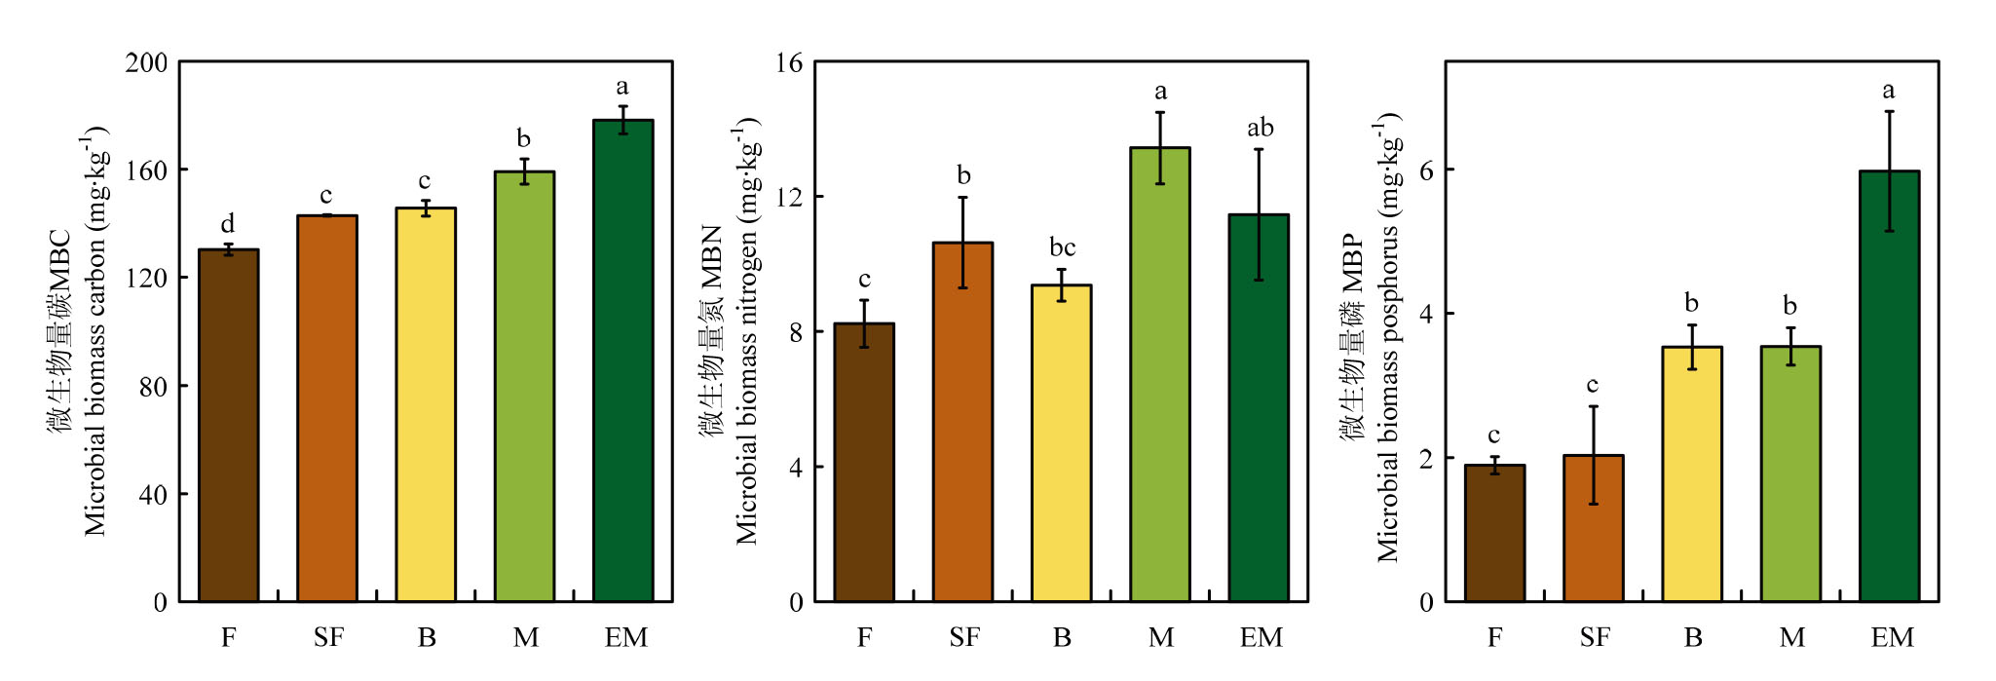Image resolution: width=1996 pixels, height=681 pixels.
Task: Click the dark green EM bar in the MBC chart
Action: point(623,360)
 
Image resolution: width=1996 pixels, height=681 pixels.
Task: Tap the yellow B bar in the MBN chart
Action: point(1061,442)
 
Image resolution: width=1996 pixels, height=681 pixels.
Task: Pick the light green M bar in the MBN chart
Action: point(1160,374)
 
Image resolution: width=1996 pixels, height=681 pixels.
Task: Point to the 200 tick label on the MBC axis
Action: point(147,62)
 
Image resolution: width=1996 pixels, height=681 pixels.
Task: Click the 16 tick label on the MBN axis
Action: point(789,63)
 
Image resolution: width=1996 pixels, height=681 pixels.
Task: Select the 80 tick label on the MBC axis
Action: point(153,387)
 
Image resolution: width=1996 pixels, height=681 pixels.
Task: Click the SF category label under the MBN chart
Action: point(963,637)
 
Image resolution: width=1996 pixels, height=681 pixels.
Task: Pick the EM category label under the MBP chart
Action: point(1892,637)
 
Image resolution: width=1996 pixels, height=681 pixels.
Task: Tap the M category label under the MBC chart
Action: point(525,637)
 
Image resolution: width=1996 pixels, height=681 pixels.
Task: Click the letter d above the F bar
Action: point(228,223)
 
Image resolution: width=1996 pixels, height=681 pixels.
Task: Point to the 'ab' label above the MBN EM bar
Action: point(1260,128)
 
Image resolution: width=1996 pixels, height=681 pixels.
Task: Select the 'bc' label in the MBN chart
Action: point(1062,247)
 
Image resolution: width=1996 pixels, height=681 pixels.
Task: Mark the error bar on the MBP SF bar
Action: point(1594,455)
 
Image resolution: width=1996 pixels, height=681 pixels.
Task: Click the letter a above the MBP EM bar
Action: point(1888,91)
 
